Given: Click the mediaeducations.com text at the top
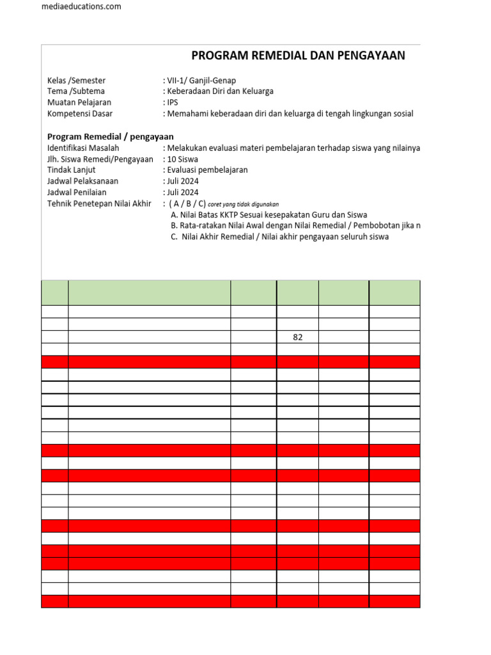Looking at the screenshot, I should coord(81,6).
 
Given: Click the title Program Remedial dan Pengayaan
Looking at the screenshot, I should coord(298,56).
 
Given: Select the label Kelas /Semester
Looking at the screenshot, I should coord(76,81).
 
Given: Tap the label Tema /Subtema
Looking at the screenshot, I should coord(75,91).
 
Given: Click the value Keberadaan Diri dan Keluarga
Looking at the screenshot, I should coord(220,91).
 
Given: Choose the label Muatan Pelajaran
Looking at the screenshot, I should coord(79,102).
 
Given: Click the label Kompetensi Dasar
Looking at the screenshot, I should coord(79,114).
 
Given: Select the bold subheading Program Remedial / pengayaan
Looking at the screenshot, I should coord(111,137).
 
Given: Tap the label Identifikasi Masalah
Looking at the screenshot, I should coord(83,148).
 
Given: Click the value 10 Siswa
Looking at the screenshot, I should coord(182,159).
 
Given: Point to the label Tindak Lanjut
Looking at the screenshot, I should coord(74,170).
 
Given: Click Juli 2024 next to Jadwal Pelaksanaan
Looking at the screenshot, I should coord(182,181).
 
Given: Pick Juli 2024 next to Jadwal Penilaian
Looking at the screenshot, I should coord(182,192).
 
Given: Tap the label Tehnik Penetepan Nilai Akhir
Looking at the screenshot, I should coord(99,203).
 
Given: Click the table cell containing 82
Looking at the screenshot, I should coord(297,337).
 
